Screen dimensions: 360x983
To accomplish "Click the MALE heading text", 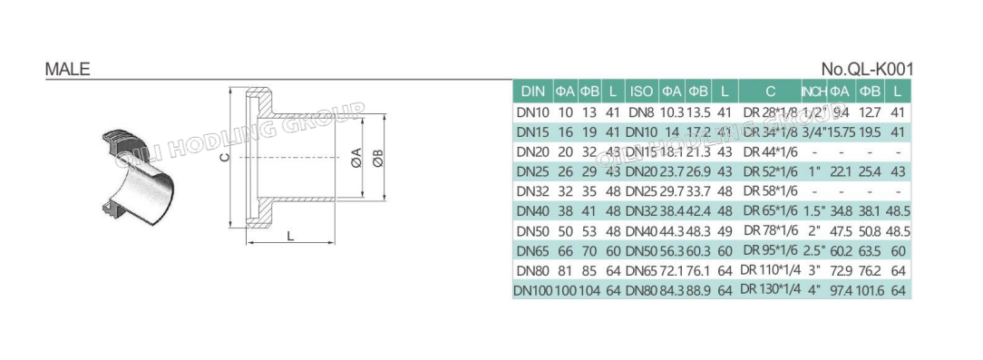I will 67,69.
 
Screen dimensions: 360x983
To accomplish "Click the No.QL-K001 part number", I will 866,69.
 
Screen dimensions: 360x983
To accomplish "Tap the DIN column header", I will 532,92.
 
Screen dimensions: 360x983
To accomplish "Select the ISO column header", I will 641,92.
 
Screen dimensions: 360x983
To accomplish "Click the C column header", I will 770,92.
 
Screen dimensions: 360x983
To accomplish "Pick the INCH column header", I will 813,92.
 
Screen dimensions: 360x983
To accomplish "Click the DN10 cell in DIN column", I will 532,112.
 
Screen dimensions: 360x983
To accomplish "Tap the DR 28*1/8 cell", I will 770,112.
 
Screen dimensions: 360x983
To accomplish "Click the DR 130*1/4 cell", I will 770,290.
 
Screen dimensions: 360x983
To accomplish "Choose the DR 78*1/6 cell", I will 770,230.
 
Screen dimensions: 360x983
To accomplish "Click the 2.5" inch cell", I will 813,250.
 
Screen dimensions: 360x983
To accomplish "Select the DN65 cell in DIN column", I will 532,250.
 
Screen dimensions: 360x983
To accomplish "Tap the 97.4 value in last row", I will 840,290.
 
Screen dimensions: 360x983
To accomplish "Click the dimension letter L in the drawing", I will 289,236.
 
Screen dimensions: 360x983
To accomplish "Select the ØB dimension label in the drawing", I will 375,161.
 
